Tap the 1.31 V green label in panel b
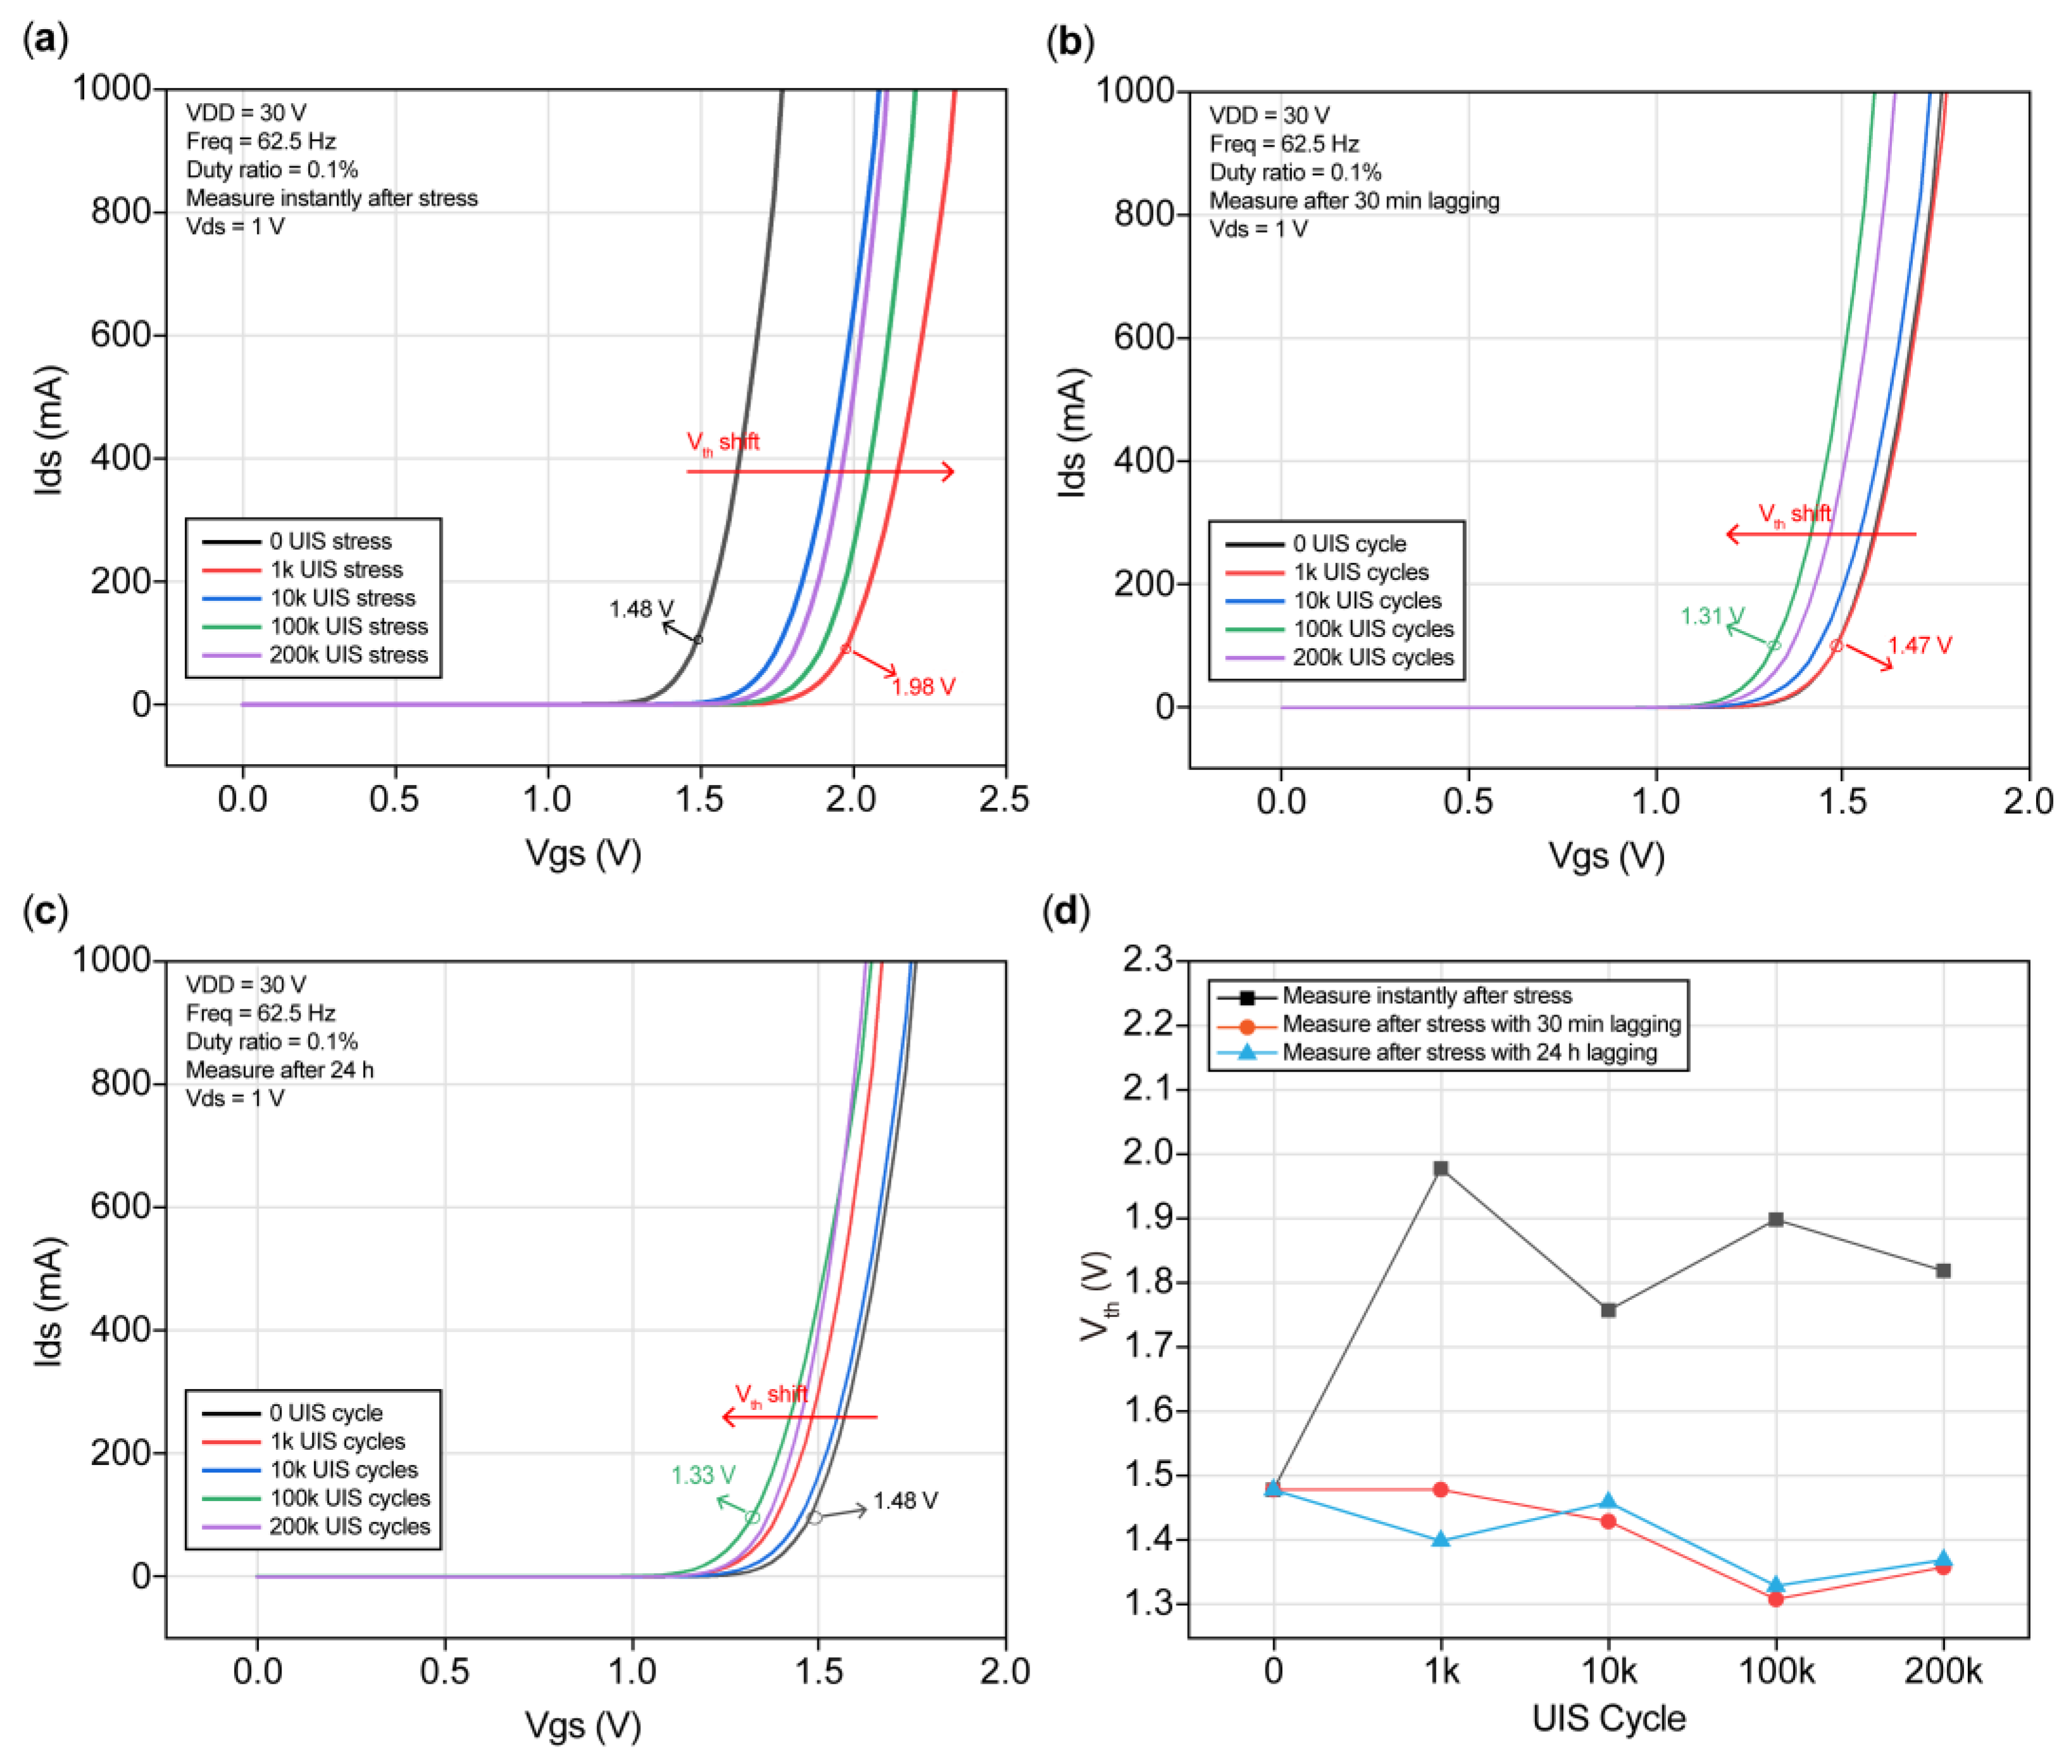coord(1712,616)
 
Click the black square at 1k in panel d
coord(1440,1168)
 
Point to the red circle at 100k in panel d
coord(1776,1598)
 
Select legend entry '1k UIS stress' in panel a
coord(335,569)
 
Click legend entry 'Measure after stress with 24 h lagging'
coord(1469,1052)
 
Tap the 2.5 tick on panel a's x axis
coord(1004,800)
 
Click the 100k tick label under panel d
coord(1776,1670)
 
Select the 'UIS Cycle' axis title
coord(1608,1718)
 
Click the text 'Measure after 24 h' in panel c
coord(280,1069)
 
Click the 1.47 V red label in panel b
coord(1919,645)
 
